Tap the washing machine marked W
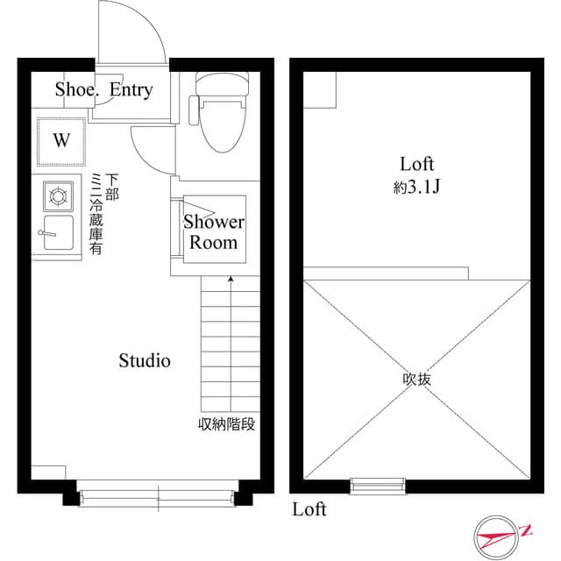coord(61,140)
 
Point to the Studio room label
coord(145,360)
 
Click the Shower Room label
coord(214,232)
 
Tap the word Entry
coord(131,89)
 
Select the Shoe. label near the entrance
coord(76,89)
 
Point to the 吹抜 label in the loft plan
coord(417,380)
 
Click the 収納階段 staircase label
coord(226,425)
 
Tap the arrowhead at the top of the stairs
coord(231,280)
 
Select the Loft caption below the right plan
coord(309,509)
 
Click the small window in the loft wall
coord(378,483)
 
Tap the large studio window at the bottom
coord(158,497)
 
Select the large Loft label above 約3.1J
coord(417,164)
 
